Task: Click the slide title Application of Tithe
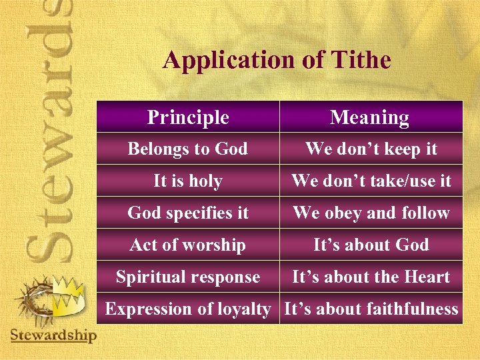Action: (x=277, y=60)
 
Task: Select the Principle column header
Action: (x=188, y=117)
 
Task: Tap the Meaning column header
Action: (x=370, y=117)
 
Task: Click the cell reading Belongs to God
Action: (x=188, y=149)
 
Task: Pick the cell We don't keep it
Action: (x=371, y=149)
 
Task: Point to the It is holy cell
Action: (x=188, y=181)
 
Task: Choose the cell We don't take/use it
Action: (x=371, y=181)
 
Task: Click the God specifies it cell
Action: (x=188, y=213)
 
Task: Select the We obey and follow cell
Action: (x=371, y=213)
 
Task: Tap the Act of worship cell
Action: (x=188, y=245)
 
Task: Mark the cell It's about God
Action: (x=371, y=245)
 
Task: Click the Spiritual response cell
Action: (x=188, y=277)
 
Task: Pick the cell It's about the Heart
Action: (x=371, y=277)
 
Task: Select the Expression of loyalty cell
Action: (x=188, y=309)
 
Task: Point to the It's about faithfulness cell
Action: (x=371, y=309)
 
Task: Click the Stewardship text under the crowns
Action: (x=53, y=334)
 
